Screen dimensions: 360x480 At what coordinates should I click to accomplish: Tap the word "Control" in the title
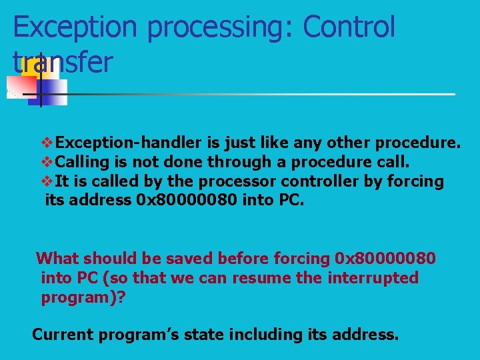(x=349, y=28)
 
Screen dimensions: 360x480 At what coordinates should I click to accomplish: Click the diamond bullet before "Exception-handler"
(x=47, y=143)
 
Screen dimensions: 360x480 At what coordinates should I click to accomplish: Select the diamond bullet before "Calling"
(x=47, y=162)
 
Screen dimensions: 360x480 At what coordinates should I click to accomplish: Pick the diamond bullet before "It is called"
(x=47, y=181)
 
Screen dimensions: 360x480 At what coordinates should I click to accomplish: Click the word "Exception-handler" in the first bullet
(x=127, y=143)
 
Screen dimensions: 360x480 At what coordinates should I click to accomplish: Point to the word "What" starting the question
(x=57, y=258)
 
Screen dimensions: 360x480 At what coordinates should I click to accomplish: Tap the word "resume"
(x=261, y=277)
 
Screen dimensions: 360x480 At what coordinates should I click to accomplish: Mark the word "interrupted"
(x=373, y=277)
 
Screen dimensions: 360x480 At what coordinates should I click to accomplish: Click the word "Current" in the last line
(x=62, y=334)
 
